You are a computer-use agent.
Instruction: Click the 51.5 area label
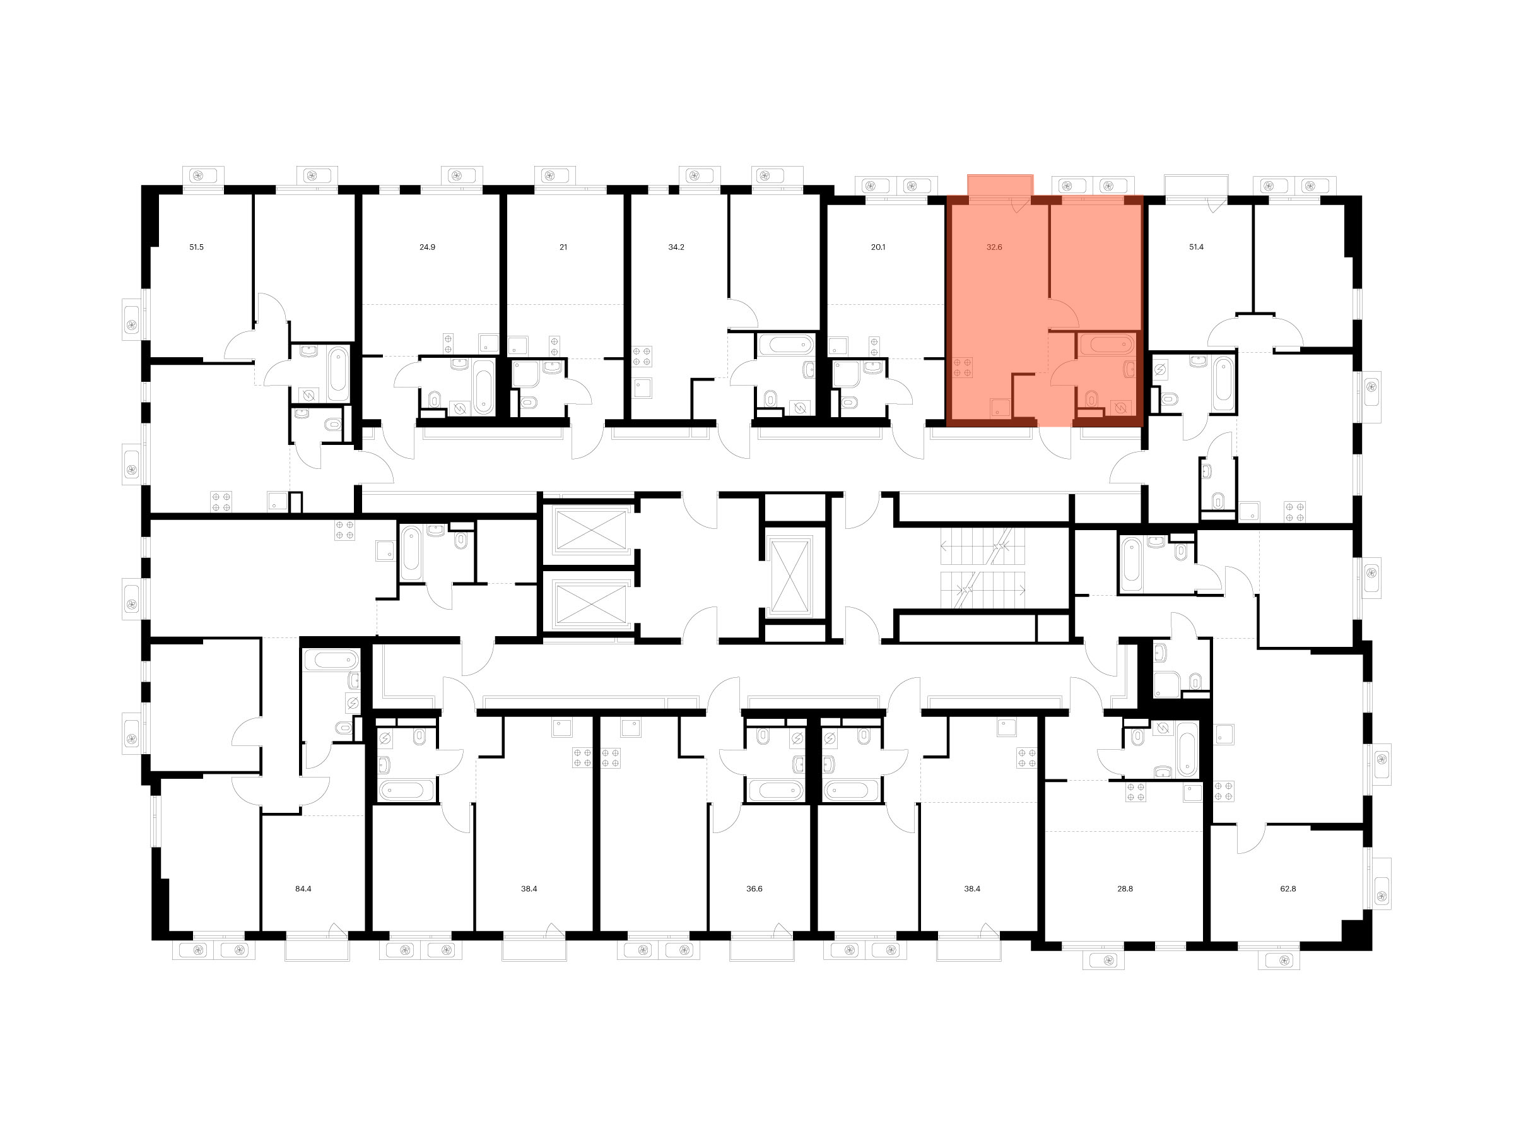pyautogui.click(x=196, y=247)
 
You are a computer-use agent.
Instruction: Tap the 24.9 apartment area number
pyautogui.click(x=427, y=247)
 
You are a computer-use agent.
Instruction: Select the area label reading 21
pyautogui.click(x=563, y=247)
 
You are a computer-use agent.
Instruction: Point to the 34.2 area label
pyautogui.click(x=676, y=247)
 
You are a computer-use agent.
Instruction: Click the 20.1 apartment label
pyautogui.click(x=878, y=247)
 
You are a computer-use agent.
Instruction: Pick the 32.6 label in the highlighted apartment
pyautogui.click(x=994, y=247)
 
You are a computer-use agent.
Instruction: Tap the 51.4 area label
pyautogui.click(x=1197, y=247)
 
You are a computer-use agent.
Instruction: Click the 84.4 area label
pyautogui.click(x=303, y=889)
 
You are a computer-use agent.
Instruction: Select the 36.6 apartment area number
pyautogui.click(x=754, y=889)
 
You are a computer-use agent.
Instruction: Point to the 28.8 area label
pyautogui.click(x=1125, y=889)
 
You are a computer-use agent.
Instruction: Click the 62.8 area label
pyautogui.click(x=1288, y=889)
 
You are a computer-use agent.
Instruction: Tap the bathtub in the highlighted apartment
pyautogui.click(x=1106, y=344)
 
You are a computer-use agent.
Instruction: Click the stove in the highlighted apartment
pyautogui.click(x=962, y=367)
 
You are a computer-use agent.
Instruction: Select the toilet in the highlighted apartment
pyautogui.click(x=1092, y=398)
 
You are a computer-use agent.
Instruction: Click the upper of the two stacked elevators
pyautogui.click(x=590, y=530)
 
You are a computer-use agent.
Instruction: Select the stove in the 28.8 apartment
pyautogui.click(x=1135, y=791)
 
